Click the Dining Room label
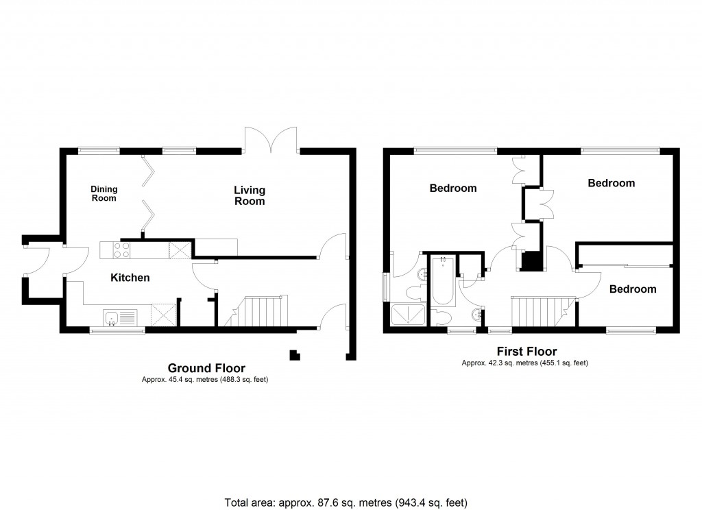105,194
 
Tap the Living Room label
250,195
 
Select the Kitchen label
130,278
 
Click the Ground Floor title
206,368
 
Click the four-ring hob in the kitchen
121,250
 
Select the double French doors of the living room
271,141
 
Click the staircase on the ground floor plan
261,312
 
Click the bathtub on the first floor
443,281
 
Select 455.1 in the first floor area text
548,363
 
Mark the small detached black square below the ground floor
294,354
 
